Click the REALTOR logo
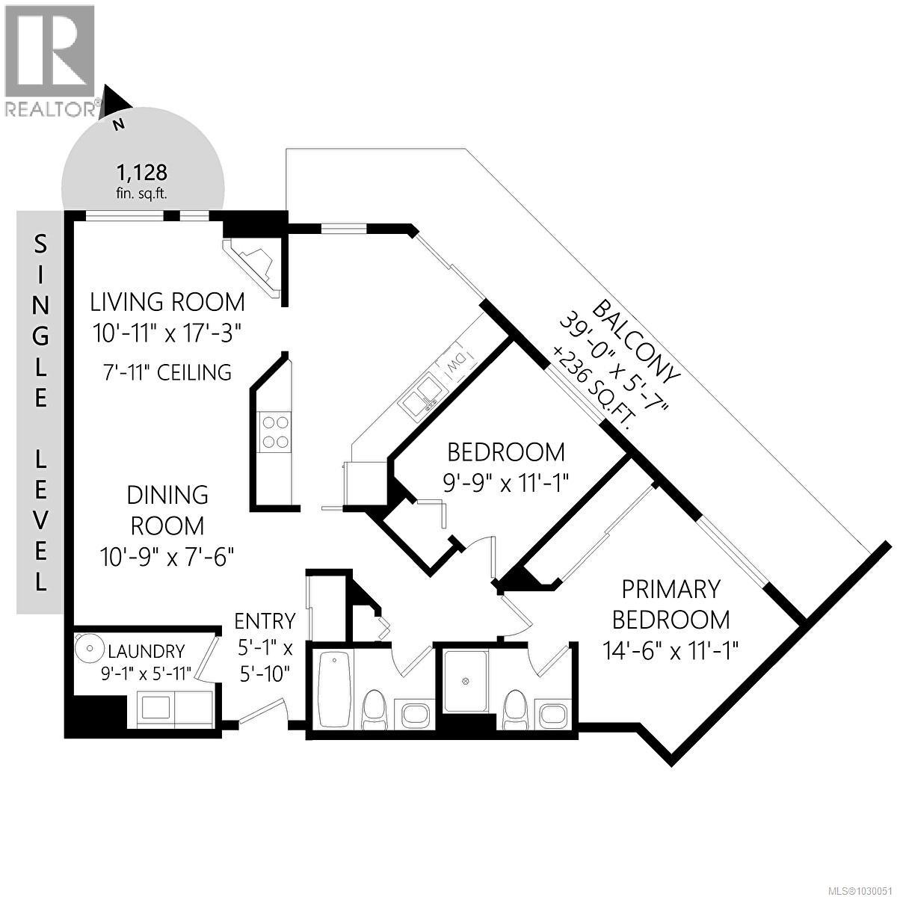(50, 60)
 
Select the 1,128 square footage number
(141, 173)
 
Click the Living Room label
(167, 302)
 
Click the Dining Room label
(167, 510)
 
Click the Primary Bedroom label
(671, 604)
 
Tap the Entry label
(265, 621)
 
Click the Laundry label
(146, 650)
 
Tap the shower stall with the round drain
(465, 682)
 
